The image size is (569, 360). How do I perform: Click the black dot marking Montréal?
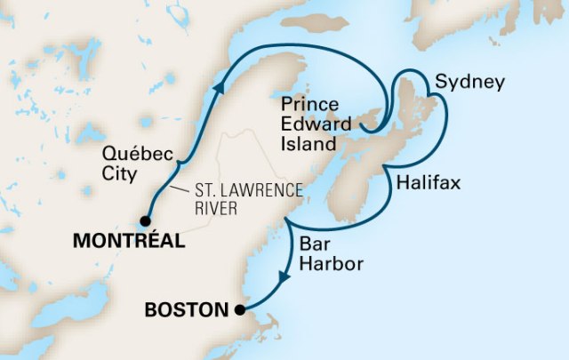[146, 220]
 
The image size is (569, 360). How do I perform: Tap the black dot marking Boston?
[240, 309]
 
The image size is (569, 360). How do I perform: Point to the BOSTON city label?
[185, 310]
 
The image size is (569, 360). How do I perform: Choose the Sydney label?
[469, 83]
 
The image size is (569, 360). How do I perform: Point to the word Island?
[306, 143]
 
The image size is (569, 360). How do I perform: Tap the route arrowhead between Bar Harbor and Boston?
[281, 278]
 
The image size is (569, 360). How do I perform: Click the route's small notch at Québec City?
[179, 166]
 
